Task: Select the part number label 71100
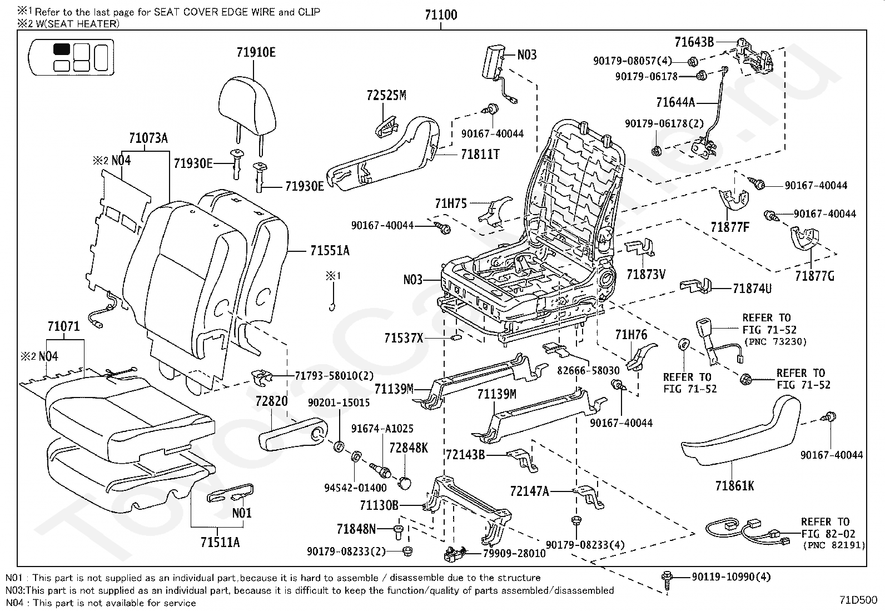(441, 15)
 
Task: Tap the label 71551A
(330, 251)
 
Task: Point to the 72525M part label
(386, 95)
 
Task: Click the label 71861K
(734, 486)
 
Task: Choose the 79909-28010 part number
(514, 553)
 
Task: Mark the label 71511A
(220, 542)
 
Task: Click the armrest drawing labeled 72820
(293, 434)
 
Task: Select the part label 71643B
(694, 42)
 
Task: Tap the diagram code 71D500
(858, 600)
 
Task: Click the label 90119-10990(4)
(732, 577)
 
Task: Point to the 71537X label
(404, 338)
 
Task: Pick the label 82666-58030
(588, 370)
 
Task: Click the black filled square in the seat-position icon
(62, 49)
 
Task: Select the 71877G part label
(814, 276)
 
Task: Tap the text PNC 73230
(775, 342)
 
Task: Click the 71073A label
(148, 138)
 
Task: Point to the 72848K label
(409, 448)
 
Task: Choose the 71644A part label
(675, 102)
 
